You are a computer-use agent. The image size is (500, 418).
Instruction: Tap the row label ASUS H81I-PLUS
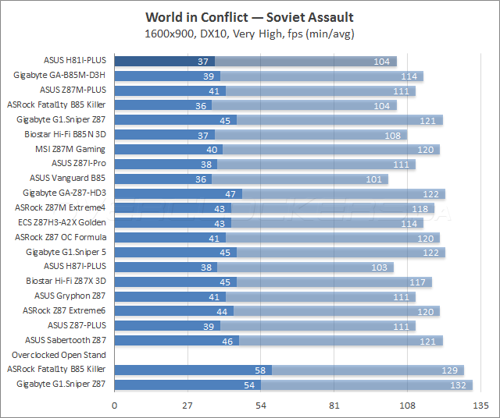coord(75,61)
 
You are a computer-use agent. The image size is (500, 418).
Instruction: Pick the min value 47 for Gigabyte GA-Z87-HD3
coord(230,193)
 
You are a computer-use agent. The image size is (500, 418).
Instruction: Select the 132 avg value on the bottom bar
coord(458,384)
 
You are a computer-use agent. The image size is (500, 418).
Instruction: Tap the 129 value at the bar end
coord(449,370)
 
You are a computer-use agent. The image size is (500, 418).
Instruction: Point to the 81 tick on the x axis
coord(334,406)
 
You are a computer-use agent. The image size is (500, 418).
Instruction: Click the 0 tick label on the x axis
coord(115,406)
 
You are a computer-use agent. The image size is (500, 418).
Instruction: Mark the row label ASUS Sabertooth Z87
coord(66,340)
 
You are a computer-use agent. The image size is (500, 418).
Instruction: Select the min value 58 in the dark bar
coord(259,370)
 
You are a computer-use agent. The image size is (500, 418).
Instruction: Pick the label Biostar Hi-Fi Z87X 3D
coord(66,281)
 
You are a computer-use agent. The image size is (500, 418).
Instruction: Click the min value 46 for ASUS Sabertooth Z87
coord(227,340)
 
